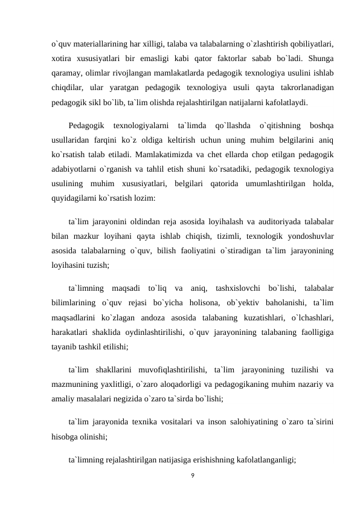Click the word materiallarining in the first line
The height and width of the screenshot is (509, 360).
click(x=99, y=44)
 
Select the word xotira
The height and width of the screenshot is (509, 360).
click(x=62, y=59)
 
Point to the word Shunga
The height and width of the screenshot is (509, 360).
click(x=322, y=59)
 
